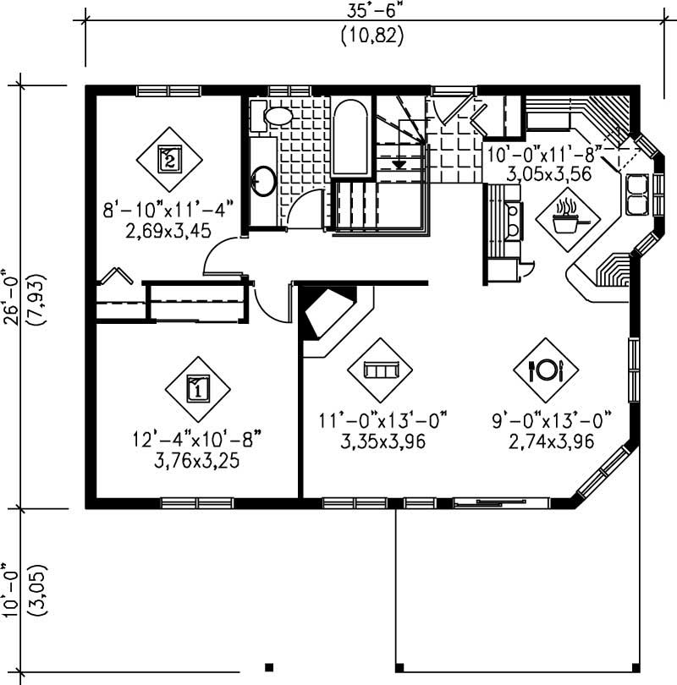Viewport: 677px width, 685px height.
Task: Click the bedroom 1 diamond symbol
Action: (196, 388)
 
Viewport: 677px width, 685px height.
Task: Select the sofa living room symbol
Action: (380, 370)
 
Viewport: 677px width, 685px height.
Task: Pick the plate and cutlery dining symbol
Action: (546, 370)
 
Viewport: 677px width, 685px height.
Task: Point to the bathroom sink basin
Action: (263, 179)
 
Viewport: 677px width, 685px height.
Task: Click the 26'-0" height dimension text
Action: (12, 300)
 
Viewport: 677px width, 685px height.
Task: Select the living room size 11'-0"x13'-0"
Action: (383, 420)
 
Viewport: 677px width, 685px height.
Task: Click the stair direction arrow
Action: (400, 161)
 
